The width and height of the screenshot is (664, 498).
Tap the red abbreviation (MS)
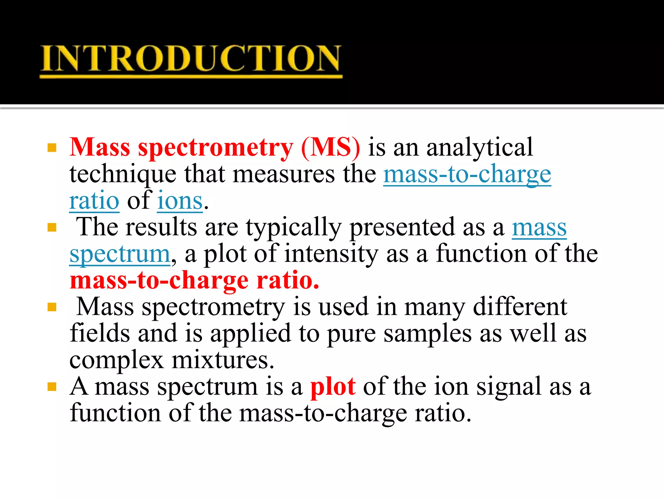(330, 148)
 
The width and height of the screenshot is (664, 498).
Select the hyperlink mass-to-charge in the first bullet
(467, 174)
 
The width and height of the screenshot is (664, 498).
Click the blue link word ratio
(94, 201)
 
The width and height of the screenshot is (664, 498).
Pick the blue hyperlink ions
(180, 201)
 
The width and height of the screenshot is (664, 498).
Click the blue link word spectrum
(120, 254)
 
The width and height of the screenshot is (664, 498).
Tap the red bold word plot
(333, 386)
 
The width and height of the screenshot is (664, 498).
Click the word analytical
(480, 148)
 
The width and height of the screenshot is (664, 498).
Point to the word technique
(123, 174)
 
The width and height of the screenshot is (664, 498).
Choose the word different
(520, 307)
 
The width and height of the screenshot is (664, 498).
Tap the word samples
(428, 333)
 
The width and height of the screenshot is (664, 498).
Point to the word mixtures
(223, 360)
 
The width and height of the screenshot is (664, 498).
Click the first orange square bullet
(52, 148)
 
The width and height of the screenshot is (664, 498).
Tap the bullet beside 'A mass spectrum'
(52, 386)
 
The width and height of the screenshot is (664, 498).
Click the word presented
(402, 227)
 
